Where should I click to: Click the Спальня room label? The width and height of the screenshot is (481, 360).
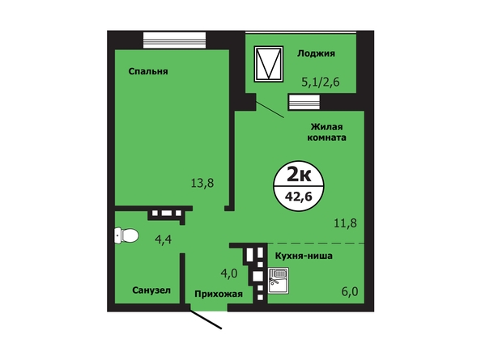click(148, 71)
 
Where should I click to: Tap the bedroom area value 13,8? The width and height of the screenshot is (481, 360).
click(202, 183)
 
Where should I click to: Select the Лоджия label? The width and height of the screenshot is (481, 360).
click(316, 53)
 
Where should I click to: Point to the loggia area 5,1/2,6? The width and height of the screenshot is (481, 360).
click(320, 82)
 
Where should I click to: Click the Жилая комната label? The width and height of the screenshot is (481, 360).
click(326, 132)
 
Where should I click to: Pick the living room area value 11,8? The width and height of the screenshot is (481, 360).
click(345, 223)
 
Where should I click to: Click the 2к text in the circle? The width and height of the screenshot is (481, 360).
click(299, 175)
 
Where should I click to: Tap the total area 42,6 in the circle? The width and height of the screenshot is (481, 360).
click(299, 197)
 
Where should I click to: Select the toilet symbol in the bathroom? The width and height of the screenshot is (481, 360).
click(126, 235)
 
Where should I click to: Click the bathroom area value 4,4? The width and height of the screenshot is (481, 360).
click(164, 239)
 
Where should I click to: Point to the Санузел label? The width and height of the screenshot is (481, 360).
click(151, 290)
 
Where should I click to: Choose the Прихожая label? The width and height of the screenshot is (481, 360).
click(219, 294)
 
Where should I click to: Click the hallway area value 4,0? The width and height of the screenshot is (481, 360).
click(229, 273)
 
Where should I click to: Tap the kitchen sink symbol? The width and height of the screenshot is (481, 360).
click(279, 281)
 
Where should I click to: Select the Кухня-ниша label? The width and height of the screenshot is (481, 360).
click(304, 256)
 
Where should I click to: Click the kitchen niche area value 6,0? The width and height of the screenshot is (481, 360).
click(350, 291)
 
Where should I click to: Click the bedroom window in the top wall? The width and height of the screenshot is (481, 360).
click(174, 40)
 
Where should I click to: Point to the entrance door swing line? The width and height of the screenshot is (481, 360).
click(206, 320)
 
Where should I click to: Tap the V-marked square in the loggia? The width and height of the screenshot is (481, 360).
click(269, 64)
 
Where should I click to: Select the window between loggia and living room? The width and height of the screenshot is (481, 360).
click(304, 102)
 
